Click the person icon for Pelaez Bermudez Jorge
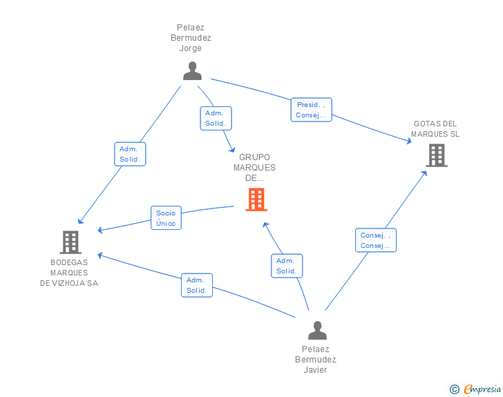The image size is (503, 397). click(x=192, y=71)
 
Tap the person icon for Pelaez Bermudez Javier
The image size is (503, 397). click(x=317, y=331)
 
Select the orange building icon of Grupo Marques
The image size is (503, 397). click(x=256, y=200)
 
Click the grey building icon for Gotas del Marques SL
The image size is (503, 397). click(x=436, y=155)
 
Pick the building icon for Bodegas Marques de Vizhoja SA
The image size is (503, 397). click(x=70, y=242)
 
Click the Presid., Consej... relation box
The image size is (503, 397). click(x=311, y=110)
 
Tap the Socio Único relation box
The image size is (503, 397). click(x=166, y=218)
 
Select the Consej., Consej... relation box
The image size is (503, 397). click(x=376, y=240)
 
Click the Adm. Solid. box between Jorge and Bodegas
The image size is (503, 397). click(x=130, y=154)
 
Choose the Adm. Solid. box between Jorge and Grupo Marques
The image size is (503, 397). click(x=216, y=118)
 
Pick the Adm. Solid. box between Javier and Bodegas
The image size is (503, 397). click(x=197, y=285)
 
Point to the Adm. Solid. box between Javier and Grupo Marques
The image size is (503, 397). click(x=287, y=266)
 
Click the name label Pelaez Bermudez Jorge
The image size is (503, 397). click(x=191, y=38)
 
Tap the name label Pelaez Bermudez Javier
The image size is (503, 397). click(x=316, y=360)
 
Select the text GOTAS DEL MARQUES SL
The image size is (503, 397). click(x=435, y=129)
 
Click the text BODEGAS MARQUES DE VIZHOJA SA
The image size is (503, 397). click(x=69, y=273)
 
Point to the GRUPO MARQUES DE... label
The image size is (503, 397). click(x=254, y=168)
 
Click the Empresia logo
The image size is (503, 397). click(x=482, y=389)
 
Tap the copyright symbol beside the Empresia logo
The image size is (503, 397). click(x=454, y=389)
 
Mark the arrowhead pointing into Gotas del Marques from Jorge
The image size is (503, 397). click(x=409, y=141)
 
